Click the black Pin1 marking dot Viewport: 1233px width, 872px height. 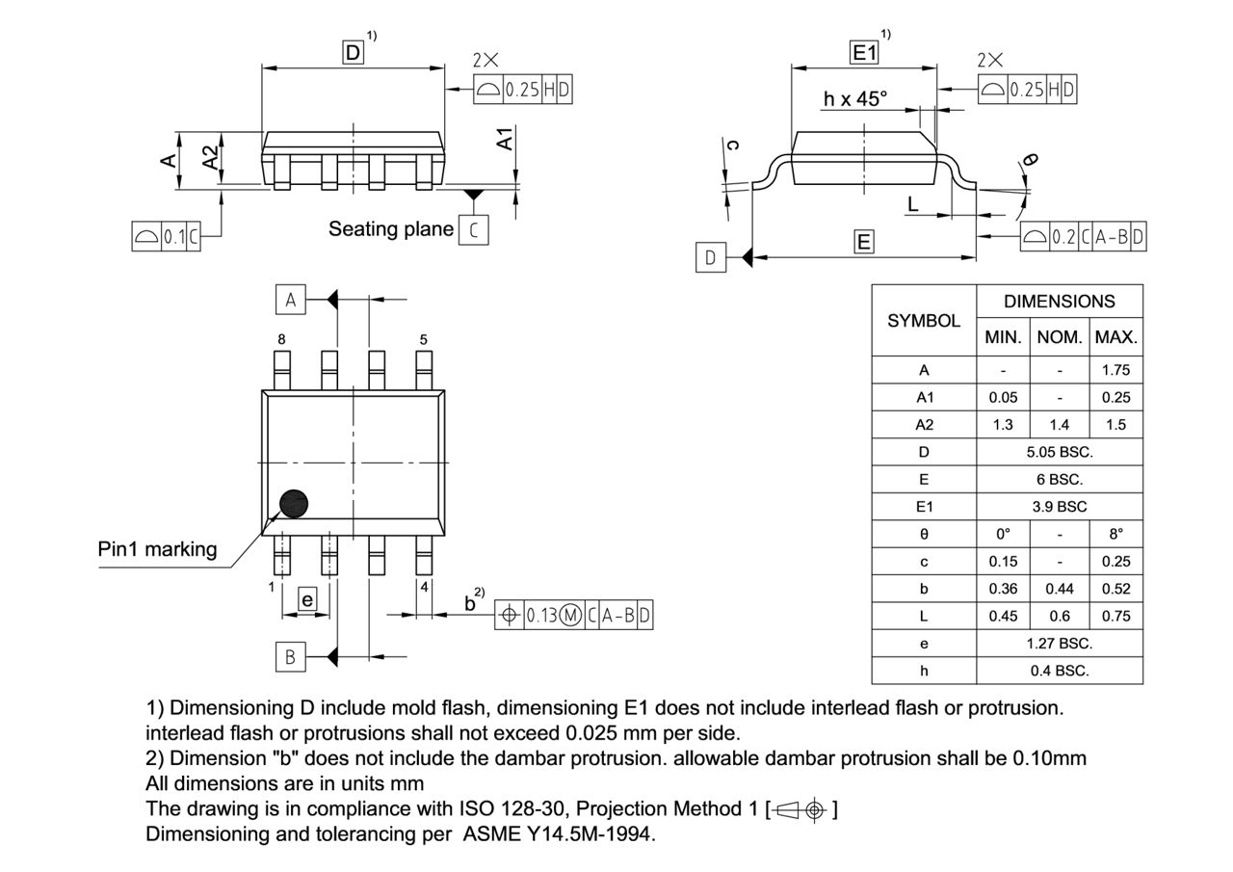[x=293, y=503]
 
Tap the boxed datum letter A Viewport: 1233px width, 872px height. [x=290, y=300]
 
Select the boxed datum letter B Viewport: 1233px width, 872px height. [x=290, y=657]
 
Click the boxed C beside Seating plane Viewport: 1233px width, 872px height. [x=473, y=230]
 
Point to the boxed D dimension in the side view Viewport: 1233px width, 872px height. [x=354, y=53]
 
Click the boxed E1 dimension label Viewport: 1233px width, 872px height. [x=864, y=53]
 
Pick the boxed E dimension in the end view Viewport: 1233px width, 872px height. [x=864, y=242]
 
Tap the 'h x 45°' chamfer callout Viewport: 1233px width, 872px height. [x=854, y=99]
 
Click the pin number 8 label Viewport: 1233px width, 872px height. [x=281, y=339]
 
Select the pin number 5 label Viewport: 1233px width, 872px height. [x=423, y=339]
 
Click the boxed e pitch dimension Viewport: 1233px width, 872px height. [x=306, y=600]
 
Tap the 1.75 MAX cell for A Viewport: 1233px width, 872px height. [x=1115, y=370]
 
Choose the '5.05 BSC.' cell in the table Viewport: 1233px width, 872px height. [x=1060, y=452]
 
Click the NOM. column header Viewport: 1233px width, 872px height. [x=1060, y=338]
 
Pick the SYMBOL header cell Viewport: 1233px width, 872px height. [x=924, y=321]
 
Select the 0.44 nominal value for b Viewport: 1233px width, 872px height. [x=1060, y=589]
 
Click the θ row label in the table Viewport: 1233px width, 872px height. [x=924, y=534]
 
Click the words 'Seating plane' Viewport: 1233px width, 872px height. [x=390, y=229]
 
